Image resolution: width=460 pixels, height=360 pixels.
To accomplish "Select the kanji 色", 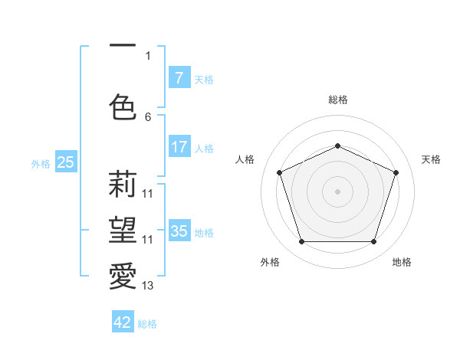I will click(x=123, y=106).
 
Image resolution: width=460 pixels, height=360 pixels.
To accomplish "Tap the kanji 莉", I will click(x=123, y=185).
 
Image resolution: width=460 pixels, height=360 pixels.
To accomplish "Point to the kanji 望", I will click(x=123, y=229).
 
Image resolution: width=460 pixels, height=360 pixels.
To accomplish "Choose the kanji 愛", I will click(x=123, y=275).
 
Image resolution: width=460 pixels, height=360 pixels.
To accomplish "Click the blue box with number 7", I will click(x=179, y=78).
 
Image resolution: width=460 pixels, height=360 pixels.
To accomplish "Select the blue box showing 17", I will click(x=179, y=148).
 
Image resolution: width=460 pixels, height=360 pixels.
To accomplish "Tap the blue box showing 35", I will click(x=179, y=231).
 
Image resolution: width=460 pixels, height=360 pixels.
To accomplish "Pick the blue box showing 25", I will click(x=65, y=162).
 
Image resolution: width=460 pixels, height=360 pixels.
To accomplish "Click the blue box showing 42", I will click(x=123, y=322).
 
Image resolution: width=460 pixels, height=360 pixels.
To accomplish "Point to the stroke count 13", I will click(x=148, y=286).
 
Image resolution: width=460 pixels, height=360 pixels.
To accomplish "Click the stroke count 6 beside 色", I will click(x=148, y=116).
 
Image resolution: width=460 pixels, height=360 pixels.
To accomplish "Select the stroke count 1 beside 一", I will click(x=148, y=56).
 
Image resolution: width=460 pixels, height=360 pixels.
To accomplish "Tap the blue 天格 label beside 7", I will click(x=204, y=79).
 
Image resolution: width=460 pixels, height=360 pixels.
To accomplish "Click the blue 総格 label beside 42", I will click(x=147, y=323).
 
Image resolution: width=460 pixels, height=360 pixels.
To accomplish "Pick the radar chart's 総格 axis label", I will click(x=337, y=100).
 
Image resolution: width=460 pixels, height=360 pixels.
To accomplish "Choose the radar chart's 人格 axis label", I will click(x=245, y=159).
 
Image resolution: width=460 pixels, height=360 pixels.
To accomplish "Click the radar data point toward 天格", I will click(x=396, y=172).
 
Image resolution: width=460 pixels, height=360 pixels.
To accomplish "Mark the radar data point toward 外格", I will click(x=301, y=242).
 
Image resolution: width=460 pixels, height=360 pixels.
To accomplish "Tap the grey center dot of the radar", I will click(x=337, y=191).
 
